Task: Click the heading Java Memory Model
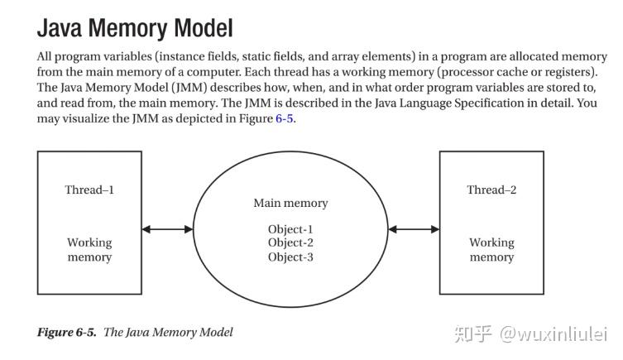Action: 135,28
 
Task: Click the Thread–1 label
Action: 89,190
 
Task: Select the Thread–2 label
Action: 491,190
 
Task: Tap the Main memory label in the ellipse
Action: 290,203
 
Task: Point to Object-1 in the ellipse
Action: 290,229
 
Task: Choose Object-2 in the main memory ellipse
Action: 290,242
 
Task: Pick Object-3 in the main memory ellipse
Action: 290,257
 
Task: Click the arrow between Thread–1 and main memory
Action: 167,229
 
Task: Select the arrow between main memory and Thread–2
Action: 414,229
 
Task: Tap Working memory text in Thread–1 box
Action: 89,250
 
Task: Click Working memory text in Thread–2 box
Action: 491,250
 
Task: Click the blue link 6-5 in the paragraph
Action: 284,119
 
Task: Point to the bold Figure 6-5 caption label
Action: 66,332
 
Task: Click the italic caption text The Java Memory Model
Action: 168,332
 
